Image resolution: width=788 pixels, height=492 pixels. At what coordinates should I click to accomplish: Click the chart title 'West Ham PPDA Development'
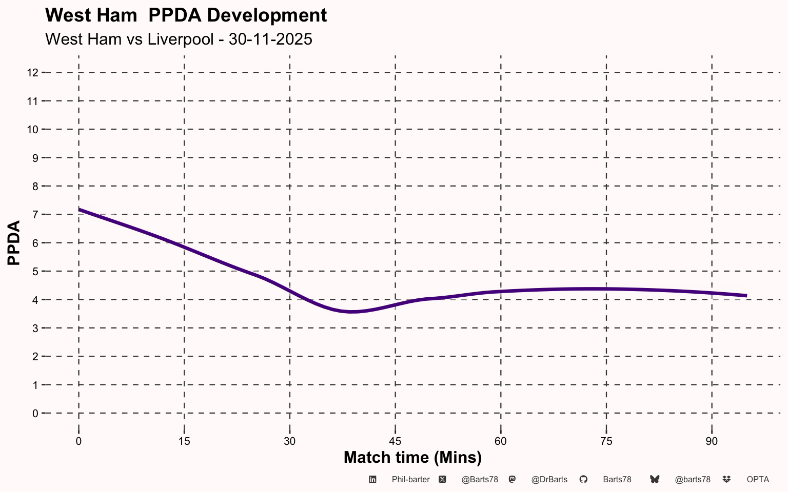pyautogui.click(x=186, y=15)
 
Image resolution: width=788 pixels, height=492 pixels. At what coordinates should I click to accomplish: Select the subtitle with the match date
pyautogui.click(x=179, y=39)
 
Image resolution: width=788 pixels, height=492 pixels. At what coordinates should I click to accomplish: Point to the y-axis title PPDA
pyautogui.click(x=14, y=243)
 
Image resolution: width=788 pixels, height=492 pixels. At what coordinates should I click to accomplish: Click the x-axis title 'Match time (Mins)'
pyautogui.click(x=412, y=458)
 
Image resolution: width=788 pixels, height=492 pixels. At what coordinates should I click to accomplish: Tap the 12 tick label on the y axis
pyautogui.click(x=32, y=73)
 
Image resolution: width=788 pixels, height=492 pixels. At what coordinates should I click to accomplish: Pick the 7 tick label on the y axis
pyautogui.click(x=35, y=215)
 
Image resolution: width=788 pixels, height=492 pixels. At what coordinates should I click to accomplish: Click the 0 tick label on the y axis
pyautogui.click(x=35, y=414)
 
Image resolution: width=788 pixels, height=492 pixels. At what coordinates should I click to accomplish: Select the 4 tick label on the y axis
pyautogui.click(x=35, y=300)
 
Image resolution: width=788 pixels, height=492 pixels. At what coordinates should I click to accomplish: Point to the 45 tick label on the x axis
pyautogui.click(x=395, y=441)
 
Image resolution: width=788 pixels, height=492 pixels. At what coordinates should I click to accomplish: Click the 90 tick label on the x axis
pyautogui.click(x=712, y=441)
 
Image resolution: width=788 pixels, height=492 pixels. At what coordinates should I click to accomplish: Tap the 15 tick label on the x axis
pyautogui.click(x=184, y=441)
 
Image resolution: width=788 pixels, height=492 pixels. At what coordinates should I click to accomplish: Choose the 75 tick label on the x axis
pyautogui.click(x=606, y=441)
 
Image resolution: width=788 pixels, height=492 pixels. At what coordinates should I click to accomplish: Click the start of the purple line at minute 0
pyautogui.click(x=79, y=210)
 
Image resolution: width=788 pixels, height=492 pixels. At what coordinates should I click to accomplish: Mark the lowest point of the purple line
pyautogui.click(x=352, y=312)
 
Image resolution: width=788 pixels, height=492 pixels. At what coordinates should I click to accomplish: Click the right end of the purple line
pyautogui.click(x=746, y=296)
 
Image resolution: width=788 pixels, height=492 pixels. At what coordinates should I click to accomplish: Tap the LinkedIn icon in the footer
pyautogui.click(x=372, y=479)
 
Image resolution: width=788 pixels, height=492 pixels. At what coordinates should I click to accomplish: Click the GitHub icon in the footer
pyautogui.click(x=583, y=479)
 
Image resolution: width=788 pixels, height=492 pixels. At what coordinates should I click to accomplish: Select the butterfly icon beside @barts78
pyautogui.click(x=654, y=479)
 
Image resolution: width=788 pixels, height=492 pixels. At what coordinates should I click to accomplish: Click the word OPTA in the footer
pyautogui.click(x=758, y=480)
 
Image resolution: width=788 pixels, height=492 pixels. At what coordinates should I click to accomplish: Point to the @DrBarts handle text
pyautogui.click(x=549, y=480)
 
